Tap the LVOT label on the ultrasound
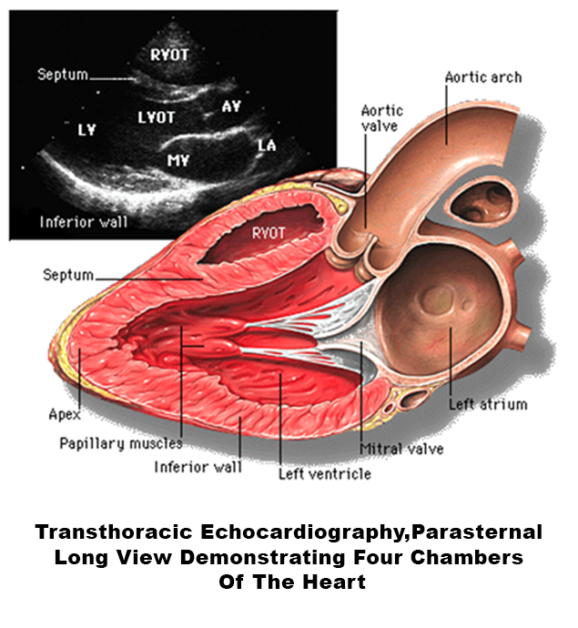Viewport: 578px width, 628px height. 156,117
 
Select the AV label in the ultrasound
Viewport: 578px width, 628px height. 232,106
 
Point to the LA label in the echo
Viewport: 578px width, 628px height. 266,145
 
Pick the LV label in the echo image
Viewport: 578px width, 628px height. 86,129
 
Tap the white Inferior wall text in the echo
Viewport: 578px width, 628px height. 83,221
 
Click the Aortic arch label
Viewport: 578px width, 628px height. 482,77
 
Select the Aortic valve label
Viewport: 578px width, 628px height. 381,117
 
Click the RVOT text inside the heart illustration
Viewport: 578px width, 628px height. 269,233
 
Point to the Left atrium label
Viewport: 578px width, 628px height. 488,403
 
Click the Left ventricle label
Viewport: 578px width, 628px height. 324,473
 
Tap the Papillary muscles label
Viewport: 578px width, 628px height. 120,444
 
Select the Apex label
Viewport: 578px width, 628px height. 64,414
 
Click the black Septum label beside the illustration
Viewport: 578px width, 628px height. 68,273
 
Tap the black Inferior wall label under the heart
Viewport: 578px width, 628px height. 198,468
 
